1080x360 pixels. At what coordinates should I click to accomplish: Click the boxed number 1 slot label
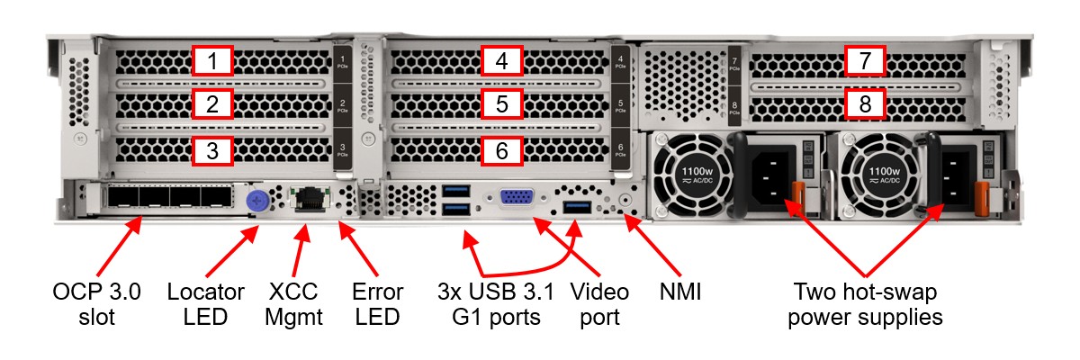click(212, 61)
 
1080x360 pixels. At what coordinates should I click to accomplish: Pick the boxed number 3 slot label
click(212, 150)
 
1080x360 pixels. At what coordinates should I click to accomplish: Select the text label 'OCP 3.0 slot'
click(96, 304)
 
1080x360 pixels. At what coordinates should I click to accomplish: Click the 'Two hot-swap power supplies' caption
click(865, 304)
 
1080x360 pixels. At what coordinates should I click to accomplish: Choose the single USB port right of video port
click(576, 209)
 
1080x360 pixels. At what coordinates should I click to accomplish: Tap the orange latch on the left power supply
click(796, 194)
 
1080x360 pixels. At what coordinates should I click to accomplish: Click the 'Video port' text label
click(599, 304)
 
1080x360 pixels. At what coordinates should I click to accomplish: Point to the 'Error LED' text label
click(378, 304)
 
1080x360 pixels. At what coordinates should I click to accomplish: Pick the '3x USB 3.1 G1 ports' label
click(494, 304)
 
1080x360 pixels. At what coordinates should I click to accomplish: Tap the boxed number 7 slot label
click(865, 61)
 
